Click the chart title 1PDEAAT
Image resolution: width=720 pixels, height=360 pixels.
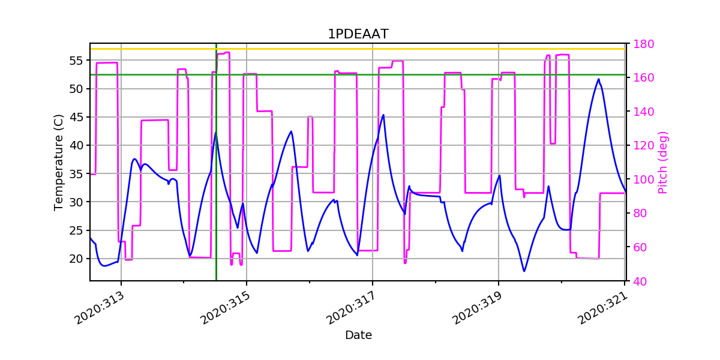358,34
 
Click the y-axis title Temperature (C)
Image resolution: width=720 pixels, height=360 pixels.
58,162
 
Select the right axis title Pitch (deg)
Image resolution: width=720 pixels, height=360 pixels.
662,162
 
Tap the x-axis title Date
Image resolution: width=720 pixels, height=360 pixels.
358,335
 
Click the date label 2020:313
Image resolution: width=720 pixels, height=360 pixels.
101,308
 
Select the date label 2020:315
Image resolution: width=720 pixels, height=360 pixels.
226,308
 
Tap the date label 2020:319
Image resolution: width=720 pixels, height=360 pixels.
478,308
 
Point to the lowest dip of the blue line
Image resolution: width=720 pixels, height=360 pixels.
524,271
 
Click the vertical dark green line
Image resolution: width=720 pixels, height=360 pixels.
216,180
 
